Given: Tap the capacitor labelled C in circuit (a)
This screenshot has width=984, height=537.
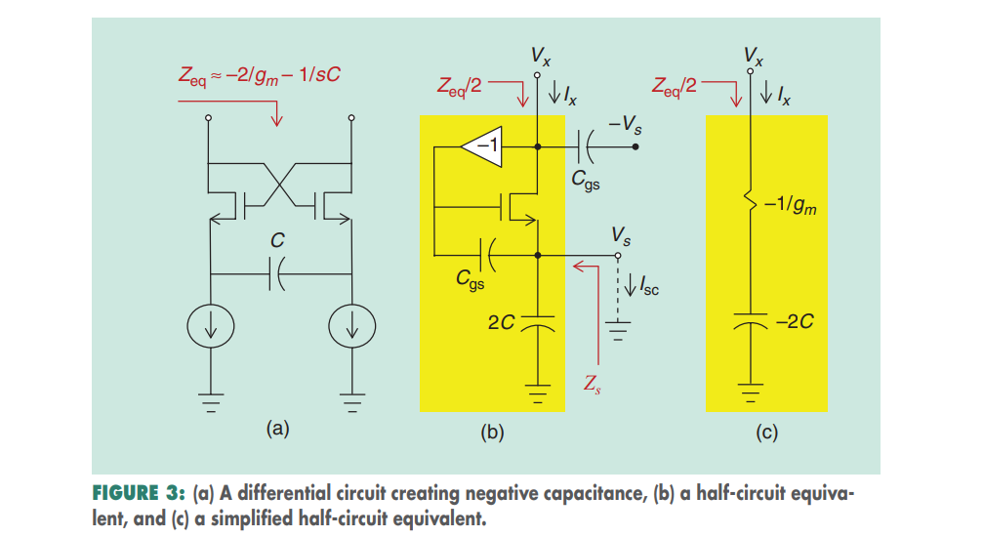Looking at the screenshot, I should pos(279,276).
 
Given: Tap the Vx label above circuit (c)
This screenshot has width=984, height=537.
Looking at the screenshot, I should pos(753,53).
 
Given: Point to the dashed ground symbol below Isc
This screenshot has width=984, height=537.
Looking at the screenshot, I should pos(617,329).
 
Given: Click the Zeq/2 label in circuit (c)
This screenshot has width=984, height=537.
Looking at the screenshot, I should pos(675,85).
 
